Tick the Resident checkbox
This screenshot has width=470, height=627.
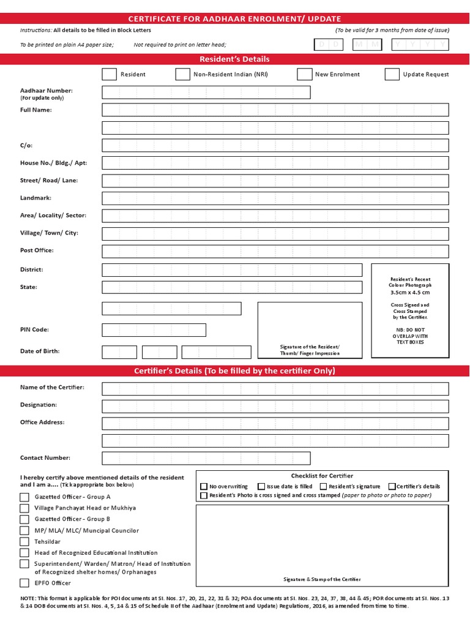(109, 74)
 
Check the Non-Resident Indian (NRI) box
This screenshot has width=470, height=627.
(182, 74)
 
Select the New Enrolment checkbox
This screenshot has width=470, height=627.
(304, 74)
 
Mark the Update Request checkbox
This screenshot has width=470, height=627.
(392, 74)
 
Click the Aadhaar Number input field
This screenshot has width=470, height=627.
(206, 92)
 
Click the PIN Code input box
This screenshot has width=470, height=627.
(154, 330)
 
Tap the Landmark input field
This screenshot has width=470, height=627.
(275, 198)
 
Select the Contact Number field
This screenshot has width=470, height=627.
(206, 458)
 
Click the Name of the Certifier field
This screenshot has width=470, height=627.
(275, 389)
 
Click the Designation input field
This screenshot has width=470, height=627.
(275, 405)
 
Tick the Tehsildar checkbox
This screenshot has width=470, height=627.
(24, 541)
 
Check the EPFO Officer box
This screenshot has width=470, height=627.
(24, 583)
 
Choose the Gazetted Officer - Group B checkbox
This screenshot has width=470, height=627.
(24, 519)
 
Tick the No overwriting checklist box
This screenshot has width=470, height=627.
(204, 486)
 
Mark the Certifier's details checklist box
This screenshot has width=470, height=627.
(392, 486)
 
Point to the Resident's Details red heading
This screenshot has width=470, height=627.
(234, 59)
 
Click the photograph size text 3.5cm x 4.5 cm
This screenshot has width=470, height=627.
(410, 293)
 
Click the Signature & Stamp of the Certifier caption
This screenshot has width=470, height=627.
(322, 579)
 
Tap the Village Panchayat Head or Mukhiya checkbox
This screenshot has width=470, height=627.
(24, 508)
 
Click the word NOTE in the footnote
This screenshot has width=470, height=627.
(28, 597)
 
